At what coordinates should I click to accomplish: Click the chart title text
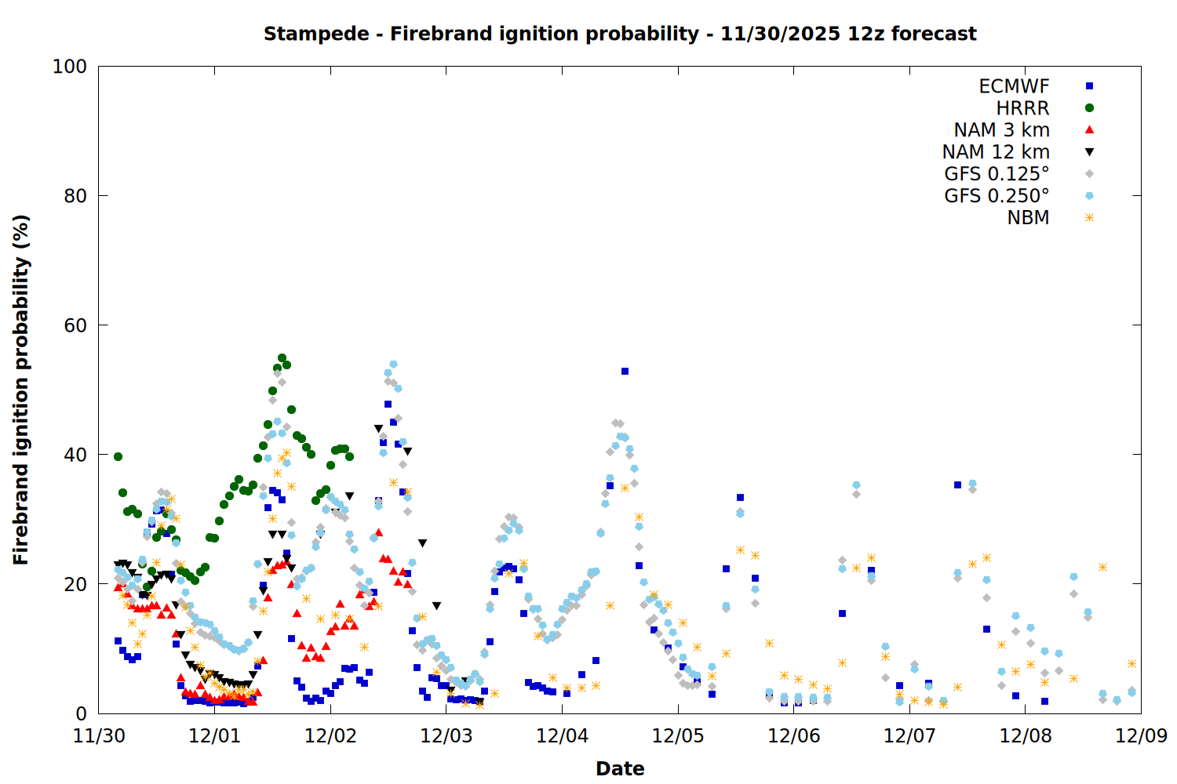coord(620,34)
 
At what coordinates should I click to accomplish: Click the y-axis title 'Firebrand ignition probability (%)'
coord(21,390)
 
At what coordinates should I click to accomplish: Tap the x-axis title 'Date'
coord(620,768)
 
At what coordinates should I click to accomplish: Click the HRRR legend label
coord(1022,108)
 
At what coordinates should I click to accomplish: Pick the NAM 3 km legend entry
coord(1001,130)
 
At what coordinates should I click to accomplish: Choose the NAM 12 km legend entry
coord(996,152)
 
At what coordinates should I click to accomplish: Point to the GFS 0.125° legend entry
coord(997,174)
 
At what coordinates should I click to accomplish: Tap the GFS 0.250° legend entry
coord(997,196)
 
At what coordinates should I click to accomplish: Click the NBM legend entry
coord(1028,218)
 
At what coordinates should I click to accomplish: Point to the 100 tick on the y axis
coord(70,67)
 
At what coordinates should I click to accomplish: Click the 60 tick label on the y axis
coord(75,325)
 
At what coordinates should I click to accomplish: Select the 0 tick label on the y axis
coord(81,713)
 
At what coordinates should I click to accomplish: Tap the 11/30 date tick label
coord(99,736)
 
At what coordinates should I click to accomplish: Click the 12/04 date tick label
coord(562,736)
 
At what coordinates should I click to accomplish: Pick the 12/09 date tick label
coord(1141,736)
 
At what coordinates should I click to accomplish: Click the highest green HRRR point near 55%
coord(282,358)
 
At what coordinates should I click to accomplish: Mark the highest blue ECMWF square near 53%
coord(625,372)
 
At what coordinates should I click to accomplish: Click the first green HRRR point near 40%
coord(118,456)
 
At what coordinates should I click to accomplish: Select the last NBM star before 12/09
coord(1131,663)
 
